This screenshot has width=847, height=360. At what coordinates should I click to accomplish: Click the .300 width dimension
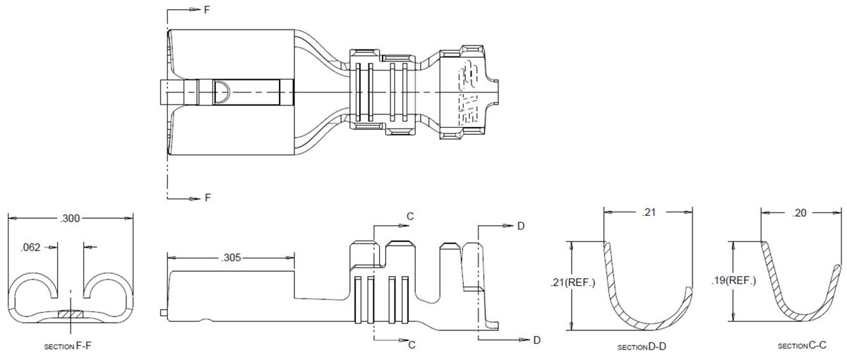70,219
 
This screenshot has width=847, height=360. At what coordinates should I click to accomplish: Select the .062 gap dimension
31,247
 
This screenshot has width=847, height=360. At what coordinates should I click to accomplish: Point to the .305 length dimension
232,258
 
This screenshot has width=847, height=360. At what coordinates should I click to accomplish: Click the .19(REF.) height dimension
732,280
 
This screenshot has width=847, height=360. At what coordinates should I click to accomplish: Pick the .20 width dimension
800,212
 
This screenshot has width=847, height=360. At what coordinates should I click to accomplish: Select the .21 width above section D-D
649,212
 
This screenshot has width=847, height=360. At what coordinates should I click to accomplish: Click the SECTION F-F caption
70,347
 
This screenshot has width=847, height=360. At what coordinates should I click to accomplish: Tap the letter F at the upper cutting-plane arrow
207,11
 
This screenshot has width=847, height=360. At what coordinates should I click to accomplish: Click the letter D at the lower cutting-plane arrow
536,340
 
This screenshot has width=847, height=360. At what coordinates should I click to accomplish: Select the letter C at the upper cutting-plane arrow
409,215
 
